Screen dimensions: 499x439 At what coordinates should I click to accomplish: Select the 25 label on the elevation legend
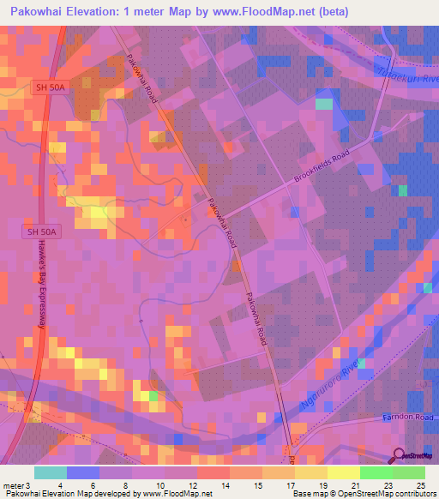click(x=419, y=486)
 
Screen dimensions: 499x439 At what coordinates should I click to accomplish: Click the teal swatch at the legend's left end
click(x=51, y=472)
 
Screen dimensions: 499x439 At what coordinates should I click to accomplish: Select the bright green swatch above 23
click(x=376, y=472)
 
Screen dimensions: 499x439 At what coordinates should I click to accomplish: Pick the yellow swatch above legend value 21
click(x=343, y=472)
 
